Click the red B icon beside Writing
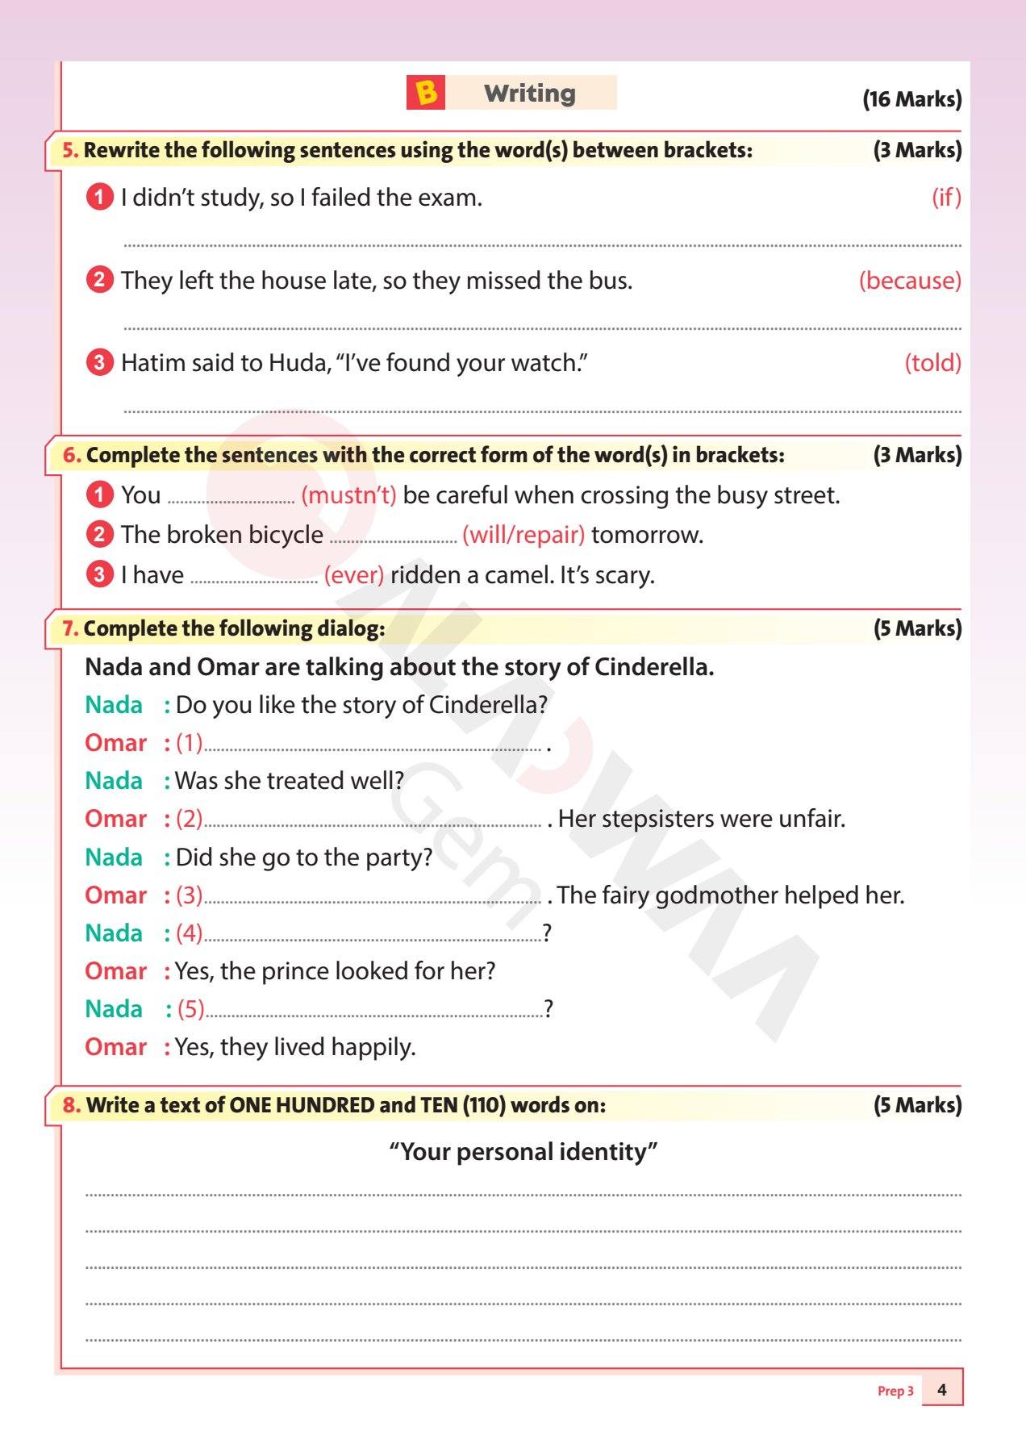[426, 93]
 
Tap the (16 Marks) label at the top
[911, 99]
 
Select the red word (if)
[946, 198]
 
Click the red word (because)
[909, 281]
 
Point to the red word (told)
[932, 363]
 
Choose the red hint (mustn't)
[348, 495]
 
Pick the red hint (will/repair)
[523, 535]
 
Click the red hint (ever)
[353, 575]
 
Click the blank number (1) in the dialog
[189, 743]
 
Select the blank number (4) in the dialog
[189, 933]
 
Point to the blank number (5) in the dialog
[190, 1009]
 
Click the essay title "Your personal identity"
[523, 1152]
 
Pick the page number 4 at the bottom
[941, 1390]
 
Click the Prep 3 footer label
[895, 1391]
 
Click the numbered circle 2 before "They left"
[99, 280]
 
